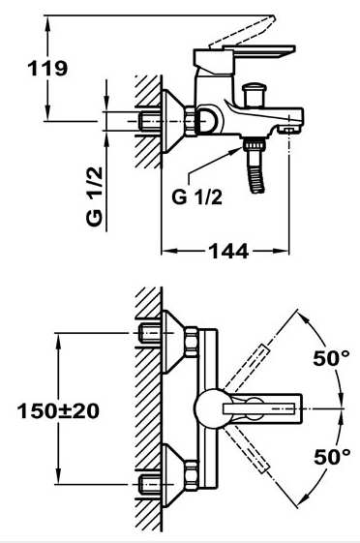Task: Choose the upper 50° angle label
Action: click(x=330, y=358)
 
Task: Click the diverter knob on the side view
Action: click(x=256, y=95)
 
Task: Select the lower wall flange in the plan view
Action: click(x=174, y=473)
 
